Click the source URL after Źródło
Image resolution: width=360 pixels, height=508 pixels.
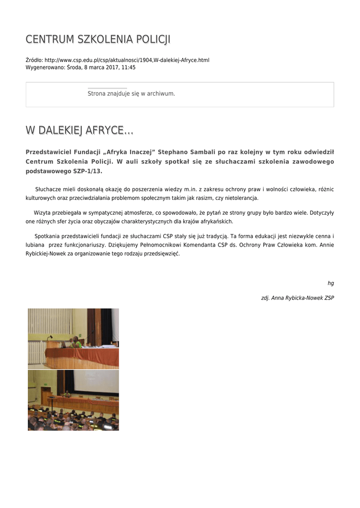coord(127,60)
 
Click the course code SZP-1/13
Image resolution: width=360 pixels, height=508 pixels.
coord(87,171)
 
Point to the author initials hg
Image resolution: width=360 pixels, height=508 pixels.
coord(331,283)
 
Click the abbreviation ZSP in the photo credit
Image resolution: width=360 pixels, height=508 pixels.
coord(329,298)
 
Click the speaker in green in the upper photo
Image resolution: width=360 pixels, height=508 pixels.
coord(75,342)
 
